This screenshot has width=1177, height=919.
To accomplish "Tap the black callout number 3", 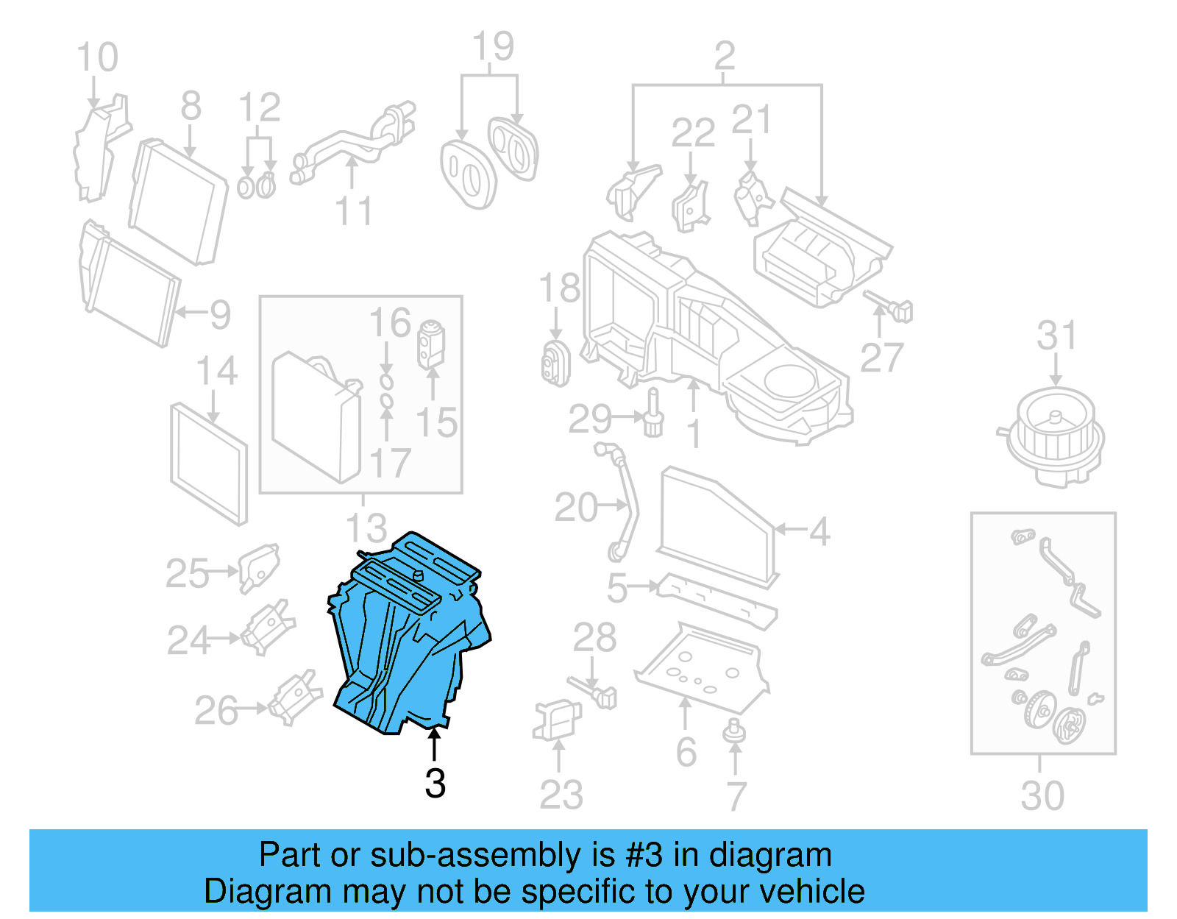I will (x=435, y=784).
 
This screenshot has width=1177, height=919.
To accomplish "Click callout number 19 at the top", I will (x=493, y=47).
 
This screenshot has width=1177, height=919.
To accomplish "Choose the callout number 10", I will (x=97, y=57).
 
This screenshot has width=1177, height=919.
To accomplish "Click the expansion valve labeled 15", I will (x=431, y=344).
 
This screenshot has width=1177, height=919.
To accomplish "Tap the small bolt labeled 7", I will (x=734, y=732).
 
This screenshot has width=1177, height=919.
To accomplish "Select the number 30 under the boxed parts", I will (x=1042, y=796).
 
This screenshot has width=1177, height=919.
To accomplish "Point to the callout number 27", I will (x=881, y=358).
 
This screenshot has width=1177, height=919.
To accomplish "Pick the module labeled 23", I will (x=557, y=720).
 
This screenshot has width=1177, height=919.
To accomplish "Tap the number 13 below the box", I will (x=366, y=528).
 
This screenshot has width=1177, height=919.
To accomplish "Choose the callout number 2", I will (x=725, y=56).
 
